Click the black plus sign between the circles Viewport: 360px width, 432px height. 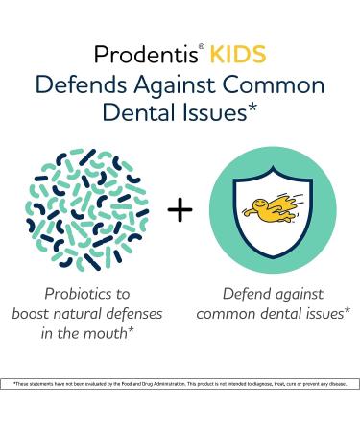(180, 209)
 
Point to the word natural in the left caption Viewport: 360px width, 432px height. (95, 313)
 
